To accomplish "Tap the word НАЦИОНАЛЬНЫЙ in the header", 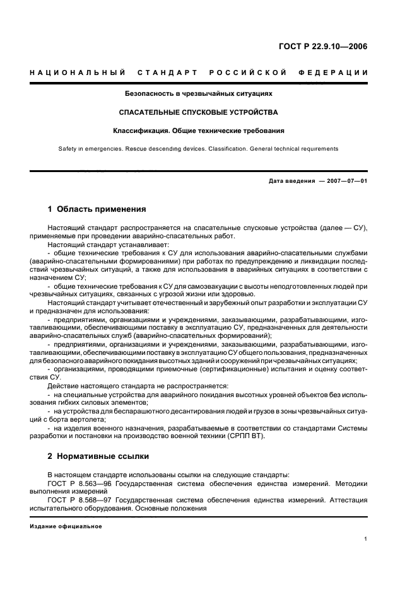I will click(x=76, y=73).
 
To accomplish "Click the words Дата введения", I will click(x=291, y=181).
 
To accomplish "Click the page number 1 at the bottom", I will click(x=366, y=539).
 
